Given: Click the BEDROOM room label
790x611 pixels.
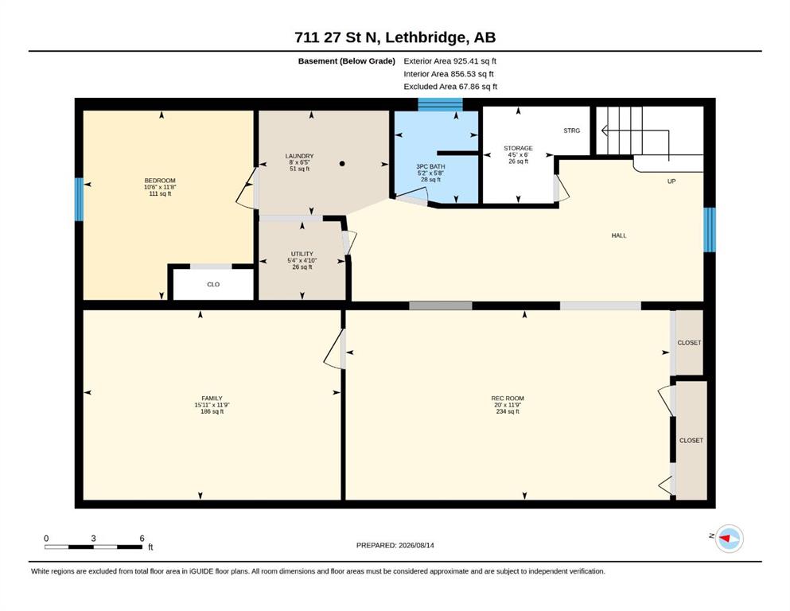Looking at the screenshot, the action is click(160, 181).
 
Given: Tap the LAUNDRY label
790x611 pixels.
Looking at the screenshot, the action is click(299, 156).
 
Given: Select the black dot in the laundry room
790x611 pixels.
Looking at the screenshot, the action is click(342, 164).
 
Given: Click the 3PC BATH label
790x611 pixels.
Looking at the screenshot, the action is click(430, 167).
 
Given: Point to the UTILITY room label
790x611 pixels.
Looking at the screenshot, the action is click(302, 254).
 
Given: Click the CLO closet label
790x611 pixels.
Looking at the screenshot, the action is click(213, 285).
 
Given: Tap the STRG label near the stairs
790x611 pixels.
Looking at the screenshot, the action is click(571, 130).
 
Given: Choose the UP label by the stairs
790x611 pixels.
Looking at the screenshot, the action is click(671, 181).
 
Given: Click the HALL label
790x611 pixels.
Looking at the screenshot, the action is click(619, 235).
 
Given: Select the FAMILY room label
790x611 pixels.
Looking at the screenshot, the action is click(212, 399).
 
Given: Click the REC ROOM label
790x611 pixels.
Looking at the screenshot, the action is click(508, 399).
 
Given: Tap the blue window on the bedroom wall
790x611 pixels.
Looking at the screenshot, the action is click(79, 199).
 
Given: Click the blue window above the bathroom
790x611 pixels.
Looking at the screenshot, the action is click(440, 104).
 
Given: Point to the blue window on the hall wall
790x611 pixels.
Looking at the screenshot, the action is click(710, 230).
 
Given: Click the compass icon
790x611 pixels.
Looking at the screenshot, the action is click(729, 539).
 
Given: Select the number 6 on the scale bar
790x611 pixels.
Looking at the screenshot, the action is click(142, 538).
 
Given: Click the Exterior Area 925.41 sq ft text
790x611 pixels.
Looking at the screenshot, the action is click(450, 61).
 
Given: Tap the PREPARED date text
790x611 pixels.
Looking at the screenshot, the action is click(395, 545).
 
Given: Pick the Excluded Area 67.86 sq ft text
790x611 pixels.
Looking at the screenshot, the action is click(450, 87).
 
